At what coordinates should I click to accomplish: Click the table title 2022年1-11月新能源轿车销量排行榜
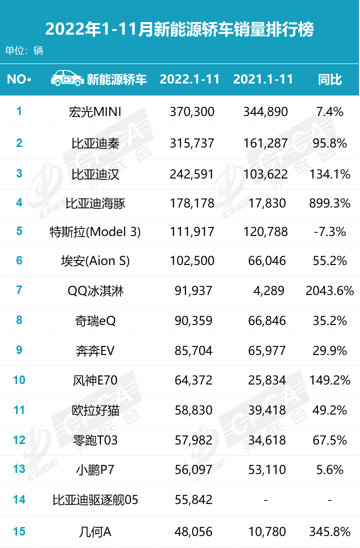point(179,29)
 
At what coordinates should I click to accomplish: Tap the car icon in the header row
point(66,78)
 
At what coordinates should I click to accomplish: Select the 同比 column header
point(330,79)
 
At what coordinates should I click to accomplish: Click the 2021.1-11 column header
point(263,79)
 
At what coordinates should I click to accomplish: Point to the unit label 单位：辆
point(24,50)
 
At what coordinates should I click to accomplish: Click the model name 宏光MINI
point(95,111)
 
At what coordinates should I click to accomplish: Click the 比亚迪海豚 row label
point(95,203)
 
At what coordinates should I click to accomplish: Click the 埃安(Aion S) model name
point(95,261)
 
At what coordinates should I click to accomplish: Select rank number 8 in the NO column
point(19,320)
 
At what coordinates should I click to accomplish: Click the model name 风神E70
point(95,380)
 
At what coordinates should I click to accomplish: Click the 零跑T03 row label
point(95,440)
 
